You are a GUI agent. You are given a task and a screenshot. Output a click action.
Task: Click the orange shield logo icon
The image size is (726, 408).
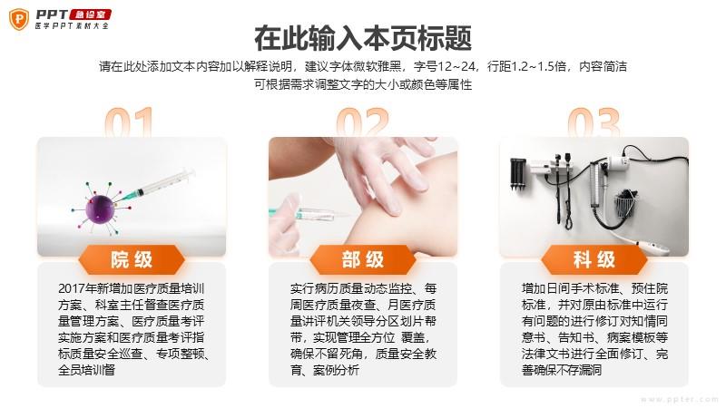tap(19, 19)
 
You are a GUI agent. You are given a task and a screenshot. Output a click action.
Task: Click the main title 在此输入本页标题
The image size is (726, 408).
tap(362, 38)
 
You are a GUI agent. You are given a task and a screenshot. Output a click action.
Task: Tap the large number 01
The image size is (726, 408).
tap(129, 122)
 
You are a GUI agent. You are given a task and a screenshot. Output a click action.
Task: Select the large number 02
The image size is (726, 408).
tap(362, 122)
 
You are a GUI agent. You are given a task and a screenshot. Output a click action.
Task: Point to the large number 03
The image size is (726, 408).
tap(594, 122)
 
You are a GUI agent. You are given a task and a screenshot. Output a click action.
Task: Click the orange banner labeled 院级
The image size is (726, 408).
tap(132, 259)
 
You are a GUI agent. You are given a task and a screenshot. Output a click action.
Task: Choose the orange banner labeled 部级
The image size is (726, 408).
tap(362, 259)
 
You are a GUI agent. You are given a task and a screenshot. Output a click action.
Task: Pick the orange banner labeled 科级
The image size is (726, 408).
tap(594, 259)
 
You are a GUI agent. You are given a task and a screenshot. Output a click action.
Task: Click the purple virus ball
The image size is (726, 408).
tap(100, 209)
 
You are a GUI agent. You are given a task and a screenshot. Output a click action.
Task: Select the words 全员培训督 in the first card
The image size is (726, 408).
tap(86, 370)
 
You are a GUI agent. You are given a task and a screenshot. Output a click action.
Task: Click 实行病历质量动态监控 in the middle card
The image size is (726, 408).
tap(351, 288)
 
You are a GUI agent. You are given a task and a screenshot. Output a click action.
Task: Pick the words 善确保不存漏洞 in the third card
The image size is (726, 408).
tap(562, 370)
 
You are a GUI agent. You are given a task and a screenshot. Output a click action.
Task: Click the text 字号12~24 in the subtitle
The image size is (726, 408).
tap(445, 66)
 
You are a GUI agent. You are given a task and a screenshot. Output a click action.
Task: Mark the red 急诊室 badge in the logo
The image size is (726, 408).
tap(90, 15)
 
